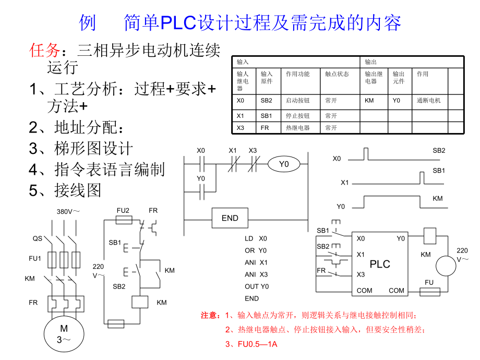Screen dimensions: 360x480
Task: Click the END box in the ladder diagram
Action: [230, 218]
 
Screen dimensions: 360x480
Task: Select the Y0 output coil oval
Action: [283, 164]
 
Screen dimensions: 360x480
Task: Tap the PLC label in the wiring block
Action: [380, 264]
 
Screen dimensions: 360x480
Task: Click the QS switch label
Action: [38, 238]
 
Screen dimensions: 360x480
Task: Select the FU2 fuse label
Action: [123, 210]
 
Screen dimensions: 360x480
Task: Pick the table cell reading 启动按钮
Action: [298, 101]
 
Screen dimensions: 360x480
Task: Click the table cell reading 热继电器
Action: [298, 128]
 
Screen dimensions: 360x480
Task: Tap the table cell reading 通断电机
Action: [429, 101]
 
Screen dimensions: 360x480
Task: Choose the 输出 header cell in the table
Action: [371, 62]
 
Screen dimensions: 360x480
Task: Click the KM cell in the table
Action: [369, 101]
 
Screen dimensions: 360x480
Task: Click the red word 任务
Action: [45, 50]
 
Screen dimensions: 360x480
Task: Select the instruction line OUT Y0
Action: [257, 286]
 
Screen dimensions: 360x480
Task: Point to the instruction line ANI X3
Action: [256, 274]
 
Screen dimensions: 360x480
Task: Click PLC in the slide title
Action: [177, 23]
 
